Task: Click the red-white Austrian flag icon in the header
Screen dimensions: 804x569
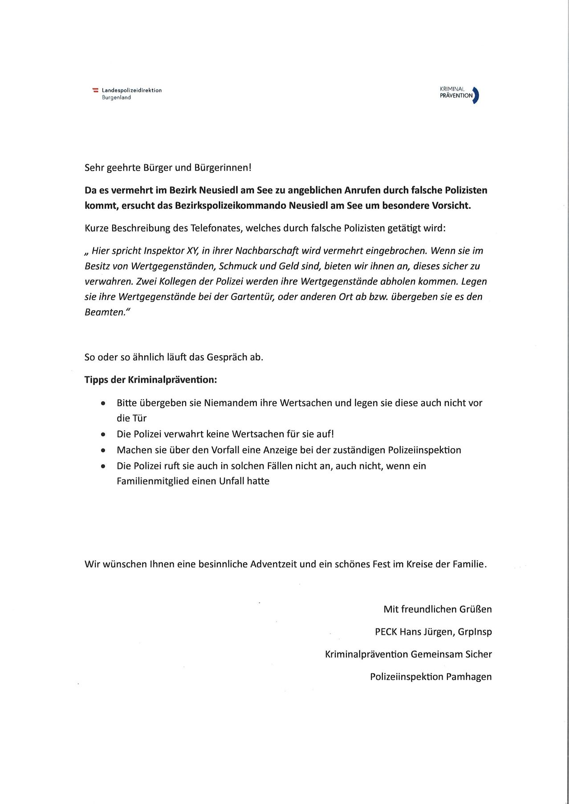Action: pos(95,90)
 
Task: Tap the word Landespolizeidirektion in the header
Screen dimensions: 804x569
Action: pos(132,90)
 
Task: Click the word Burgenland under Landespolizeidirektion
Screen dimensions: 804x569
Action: pos(116,97)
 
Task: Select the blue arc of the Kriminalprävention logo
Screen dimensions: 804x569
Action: pos(476,95)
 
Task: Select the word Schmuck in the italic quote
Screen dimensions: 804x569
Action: pos(236,266)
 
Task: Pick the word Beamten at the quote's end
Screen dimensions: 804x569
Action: pos(103,312)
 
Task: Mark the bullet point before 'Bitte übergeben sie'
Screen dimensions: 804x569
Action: pos(103,403)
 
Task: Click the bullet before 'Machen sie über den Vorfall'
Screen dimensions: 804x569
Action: pos(103,451)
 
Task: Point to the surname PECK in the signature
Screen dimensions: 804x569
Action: pos(386,632)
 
